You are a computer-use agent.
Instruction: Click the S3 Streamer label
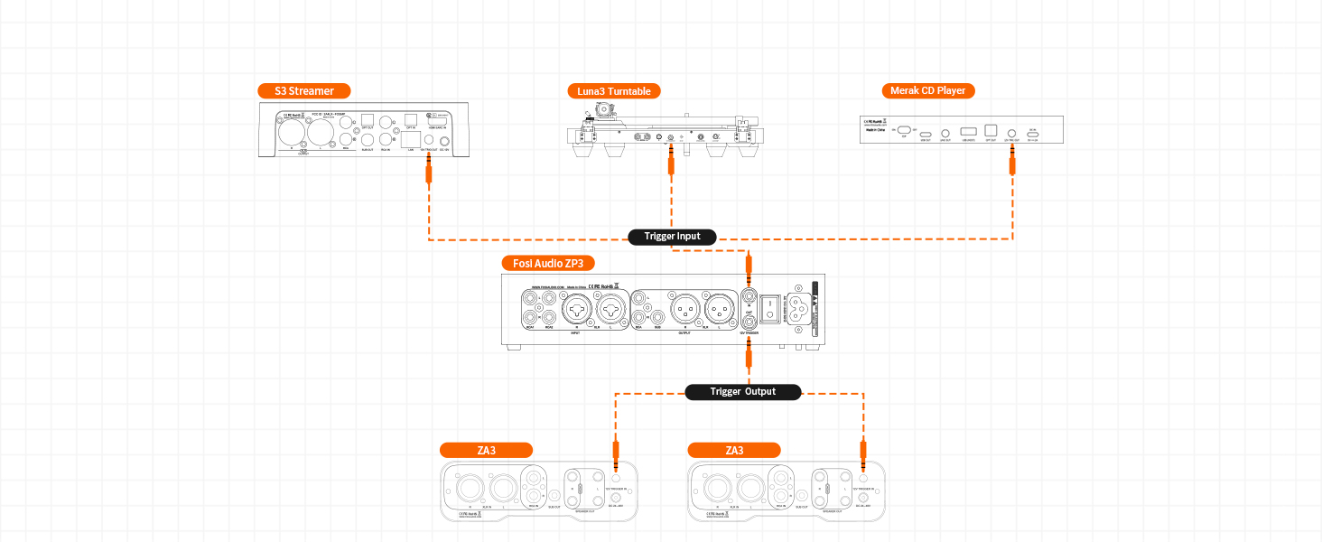(x=303, y=90)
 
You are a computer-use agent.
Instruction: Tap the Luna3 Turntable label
(x=614, y=90)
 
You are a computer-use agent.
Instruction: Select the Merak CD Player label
(x=928, y=90)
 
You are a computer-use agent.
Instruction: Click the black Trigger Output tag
(x=742, y=391)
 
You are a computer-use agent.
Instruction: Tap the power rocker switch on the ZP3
(x=770, y=308)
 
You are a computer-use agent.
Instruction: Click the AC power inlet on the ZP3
(x=801, y=308)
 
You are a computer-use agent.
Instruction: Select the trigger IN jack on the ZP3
(x=748, y=294)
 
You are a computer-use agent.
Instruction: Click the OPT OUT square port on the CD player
(x=990, y=131)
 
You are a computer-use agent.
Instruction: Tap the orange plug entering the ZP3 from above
(x=748, y=267)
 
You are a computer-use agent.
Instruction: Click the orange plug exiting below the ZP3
(x=748, y=356)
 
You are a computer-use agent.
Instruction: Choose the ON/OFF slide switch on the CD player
(x=904, y=131)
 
